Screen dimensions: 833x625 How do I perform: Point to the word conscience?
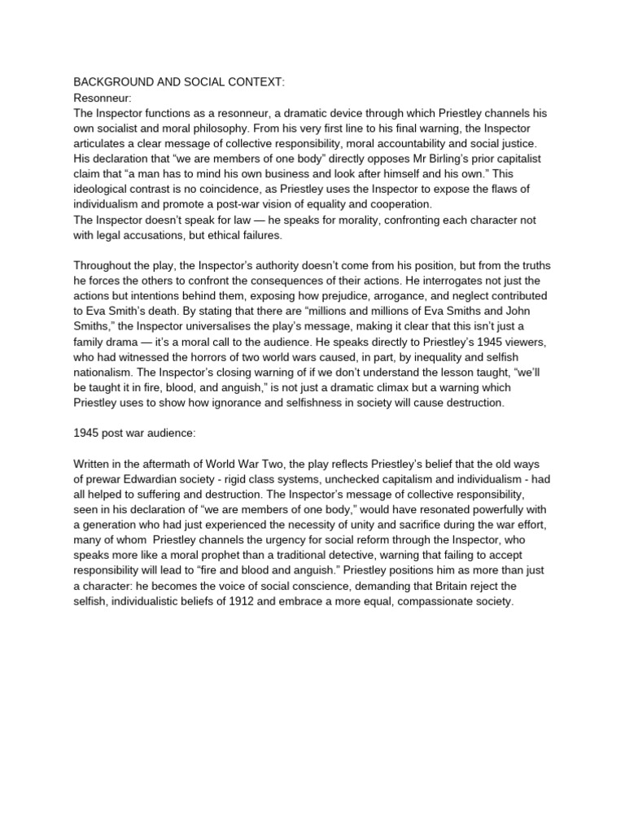coord(339,587)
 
